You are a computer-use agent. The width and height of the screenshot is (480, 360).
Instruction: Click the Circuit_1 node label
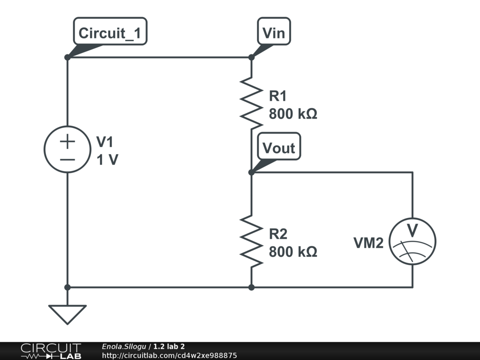[110, 33]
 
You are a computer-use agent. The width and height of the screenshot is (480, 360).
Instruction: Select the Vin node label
[274, 33]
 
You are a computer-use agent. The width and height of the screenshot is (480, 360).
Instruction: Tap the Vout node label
[279, 148]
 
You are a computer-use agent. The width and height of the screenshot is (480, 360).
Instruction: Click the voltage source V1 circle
[67, 150]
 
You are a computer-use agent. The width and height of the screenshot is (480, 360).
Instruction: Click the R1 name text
[277, 96]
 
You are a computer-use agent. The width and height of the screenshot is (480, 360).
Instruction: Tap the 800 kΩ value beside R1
[293, 114]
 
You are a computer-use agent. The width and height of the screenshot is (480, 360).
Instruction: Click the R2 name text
[277, 234]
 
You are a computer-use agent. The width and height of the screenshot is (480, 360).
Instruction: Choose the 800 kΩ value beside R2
[293, 252]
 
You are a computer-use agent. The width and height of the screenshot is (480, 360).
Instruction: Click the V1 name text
[105, 142]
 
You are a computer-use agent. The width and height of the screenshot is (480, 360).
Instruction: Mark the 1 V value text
[107, 160]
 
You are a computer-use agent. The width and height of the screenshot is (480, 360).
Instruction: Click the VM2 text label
[368, 243]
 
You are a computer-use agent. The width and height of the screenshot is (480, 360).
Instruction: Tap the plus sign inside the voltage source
[67, 141]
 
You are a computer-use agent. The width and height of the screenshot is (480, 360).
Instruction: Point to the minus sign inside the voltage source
[67, 159]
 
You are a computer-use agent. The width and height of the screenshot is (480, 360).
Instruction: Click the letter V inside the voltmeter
[412, 231]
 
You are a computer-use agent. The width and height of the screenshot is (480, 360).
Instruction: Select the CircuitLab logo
[51, 351]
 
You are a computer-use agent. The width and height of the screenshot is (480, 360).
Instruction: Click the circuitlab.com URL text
[169, 355]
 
